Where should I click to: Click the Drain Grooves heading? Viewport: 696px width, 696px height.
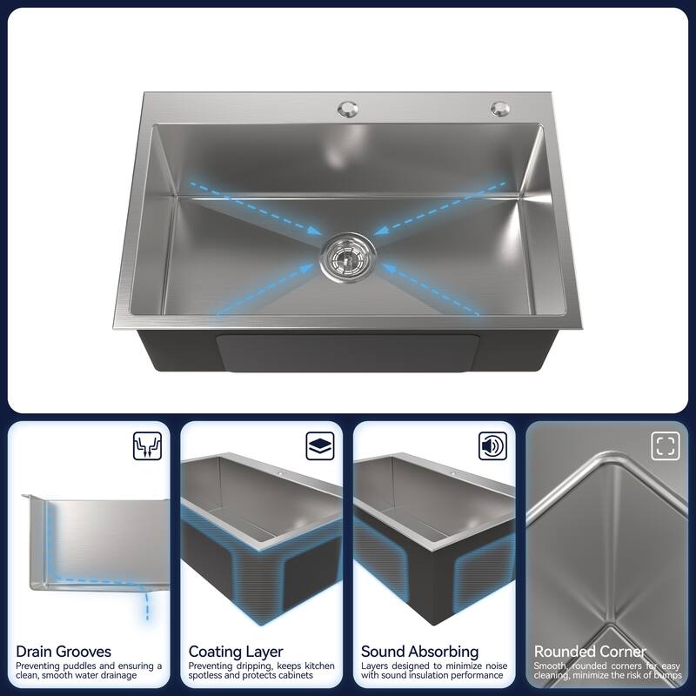coord(64,651)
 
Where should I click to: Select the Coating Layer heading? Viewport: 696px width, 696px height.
coord(236,651)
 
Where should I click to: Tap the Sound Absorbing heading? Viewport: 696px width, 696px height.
coord(420,651)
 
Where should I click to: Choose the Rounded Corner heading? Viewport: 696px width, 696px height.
coord(590,651)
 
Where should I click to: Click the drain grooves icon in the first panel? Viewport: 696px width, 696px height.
coord(145,446)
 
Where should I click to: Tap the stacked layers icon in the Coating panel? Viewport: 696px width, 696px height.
coord(319,446)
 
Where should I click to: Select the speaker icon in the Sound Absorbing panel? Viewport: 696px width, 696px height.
coord(492,446)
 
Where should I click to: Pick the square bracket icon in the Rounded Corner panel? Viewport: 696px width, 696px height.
coord(665,446)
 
